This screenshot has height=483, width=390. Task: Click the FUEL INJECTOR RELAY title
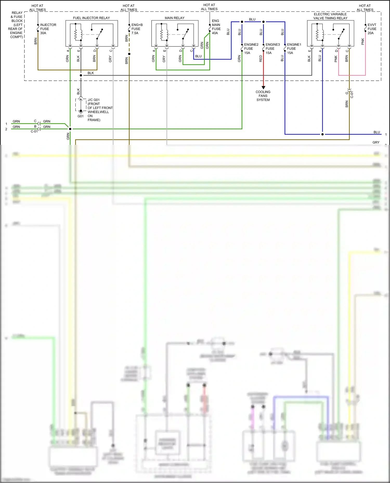(91, 18)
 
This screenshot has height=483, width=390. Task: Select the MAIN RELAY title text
(174, 18)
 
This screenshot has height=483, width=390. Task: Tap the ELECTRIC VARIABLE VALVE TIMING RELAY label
(330, 16)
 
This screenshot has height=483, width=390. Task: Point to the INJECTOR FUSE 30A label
(48, 29)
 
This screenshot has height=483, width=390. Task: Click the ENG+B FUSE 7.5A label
(137, 29)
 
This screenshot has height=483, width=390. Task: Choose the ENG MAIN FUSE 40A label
(216, 27)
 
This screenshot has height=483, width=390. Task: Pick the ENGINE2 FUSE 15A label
(251, 49)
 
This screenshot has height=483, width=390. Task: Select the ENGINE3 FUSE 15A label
(272, 49)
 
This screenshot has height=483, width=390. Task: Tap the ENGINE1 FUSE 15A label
(294, 49)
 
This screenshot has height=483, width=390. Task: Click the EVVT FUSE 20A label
(372, 29)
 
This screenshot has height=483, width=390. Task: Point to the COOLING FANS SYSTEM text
(263, 96)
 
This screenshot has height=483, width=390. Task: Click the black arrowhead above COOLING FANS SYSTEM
(263, 88)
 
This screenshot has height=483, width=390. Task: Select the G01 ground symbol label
(80, 116)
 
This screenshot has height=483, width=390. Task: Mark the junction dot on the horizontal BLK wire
(81, 76)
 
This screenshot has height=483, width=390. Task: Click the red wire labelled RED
(263, 70)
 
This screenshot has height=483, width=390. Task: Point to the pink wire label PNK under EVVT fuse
(363, 42)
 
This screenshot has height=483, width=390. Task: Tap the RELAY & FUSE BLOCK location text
(17, 25)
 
